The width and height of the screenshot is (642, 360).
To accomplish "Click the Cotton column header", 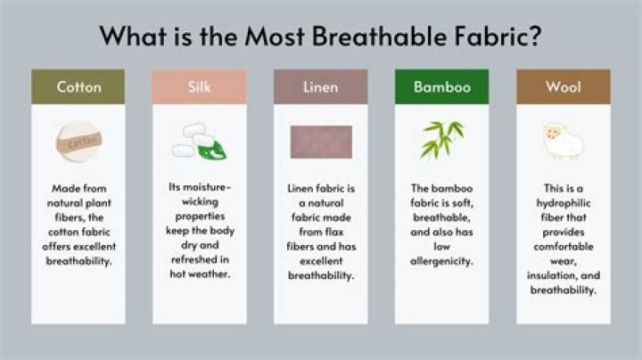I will coord(78,87).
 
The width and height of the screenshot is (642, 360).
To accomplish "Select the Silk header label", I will coord(200,87).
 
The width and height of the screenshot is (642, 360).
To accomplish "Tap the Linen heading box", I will coord(321,87).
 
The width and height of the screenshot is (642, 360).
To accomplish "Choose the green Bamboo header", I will coord(441,87).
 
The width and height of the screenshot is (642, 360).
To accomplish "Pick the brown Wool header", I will coord(564,87).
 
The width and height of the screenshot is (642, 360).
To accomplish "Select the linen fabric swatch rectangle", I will coord(321,142).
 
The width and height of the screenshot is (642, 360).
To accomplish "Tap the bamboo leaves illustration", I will coord(442,139).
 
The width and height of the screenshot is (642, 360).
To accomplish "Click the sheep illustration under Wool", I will coord(564,141).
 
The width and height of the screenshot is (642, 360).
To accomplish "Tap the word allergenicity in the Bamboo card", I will coord(442,261).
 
